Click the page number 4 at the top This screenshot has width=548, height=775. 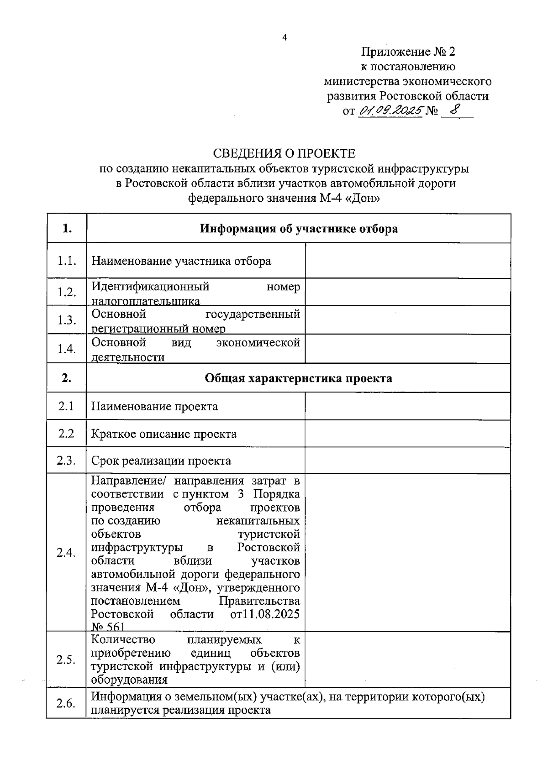[x=285, y=38]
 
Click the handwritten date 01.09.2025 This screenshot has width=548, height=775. [x=390, y=110]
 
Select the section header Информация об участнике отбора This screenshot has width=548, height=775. [x=299, y=229]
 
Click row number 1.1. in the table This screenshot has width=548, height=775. [x=67, y=261]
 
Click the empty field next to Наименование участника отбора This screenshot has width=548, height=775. [x=407, y=261]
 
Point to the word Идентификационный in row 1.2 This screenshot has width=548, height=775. [x=150, y=287]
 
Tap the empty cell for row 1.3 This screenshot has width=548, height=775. [x=407, y=320]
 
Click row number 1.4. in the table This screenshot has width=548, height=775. [x=67, y=349]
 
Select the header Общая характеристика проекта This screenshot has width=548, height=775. [x=298, y=378]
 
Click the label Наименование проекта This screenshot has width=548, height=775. [x=155, y=406]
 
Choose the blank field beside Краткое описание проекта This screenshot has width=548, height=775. [x=407, y=434]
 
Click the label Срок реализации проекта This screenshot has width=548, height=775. [x=161, y=461]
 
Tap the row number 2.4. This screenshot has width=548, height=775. [x=66, y=553]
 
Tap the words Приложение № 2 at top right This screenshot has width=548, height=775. [x=408, y=51]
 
